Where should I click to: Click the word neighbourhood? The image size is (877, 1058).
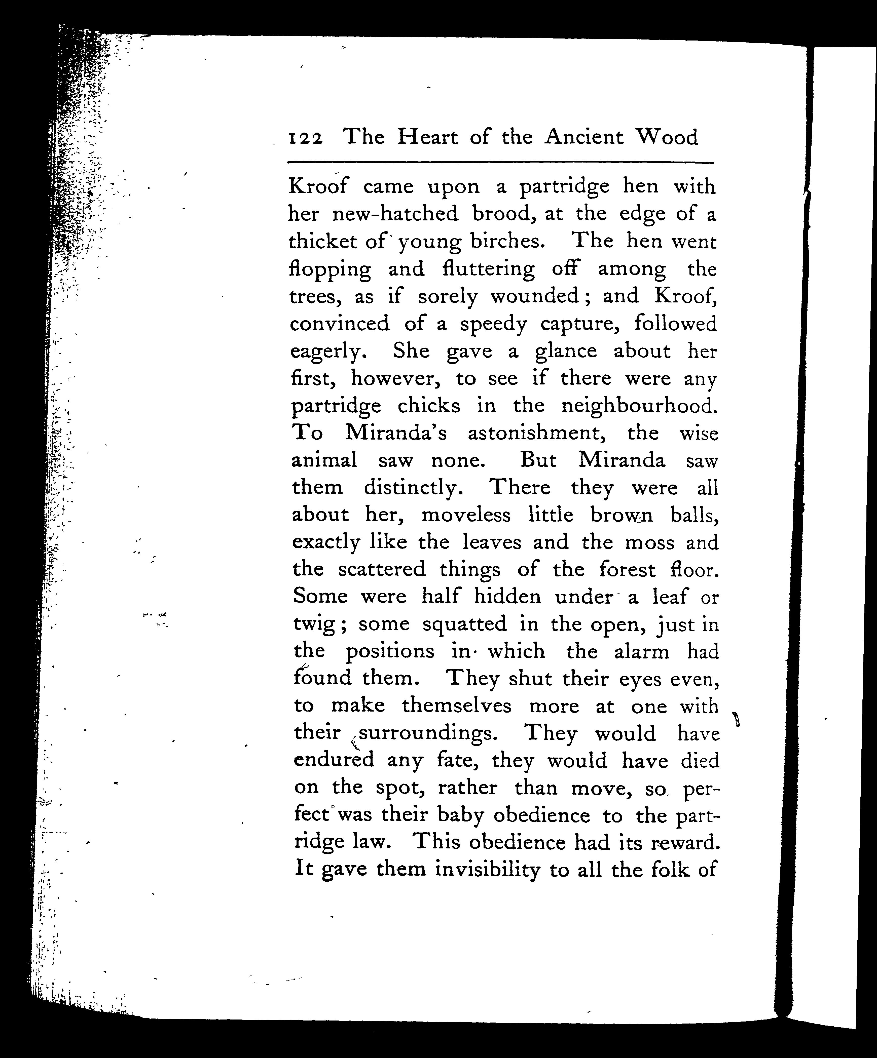tap(639, 406)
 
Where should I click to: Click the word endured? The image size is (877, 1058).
tap(334, 760)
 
